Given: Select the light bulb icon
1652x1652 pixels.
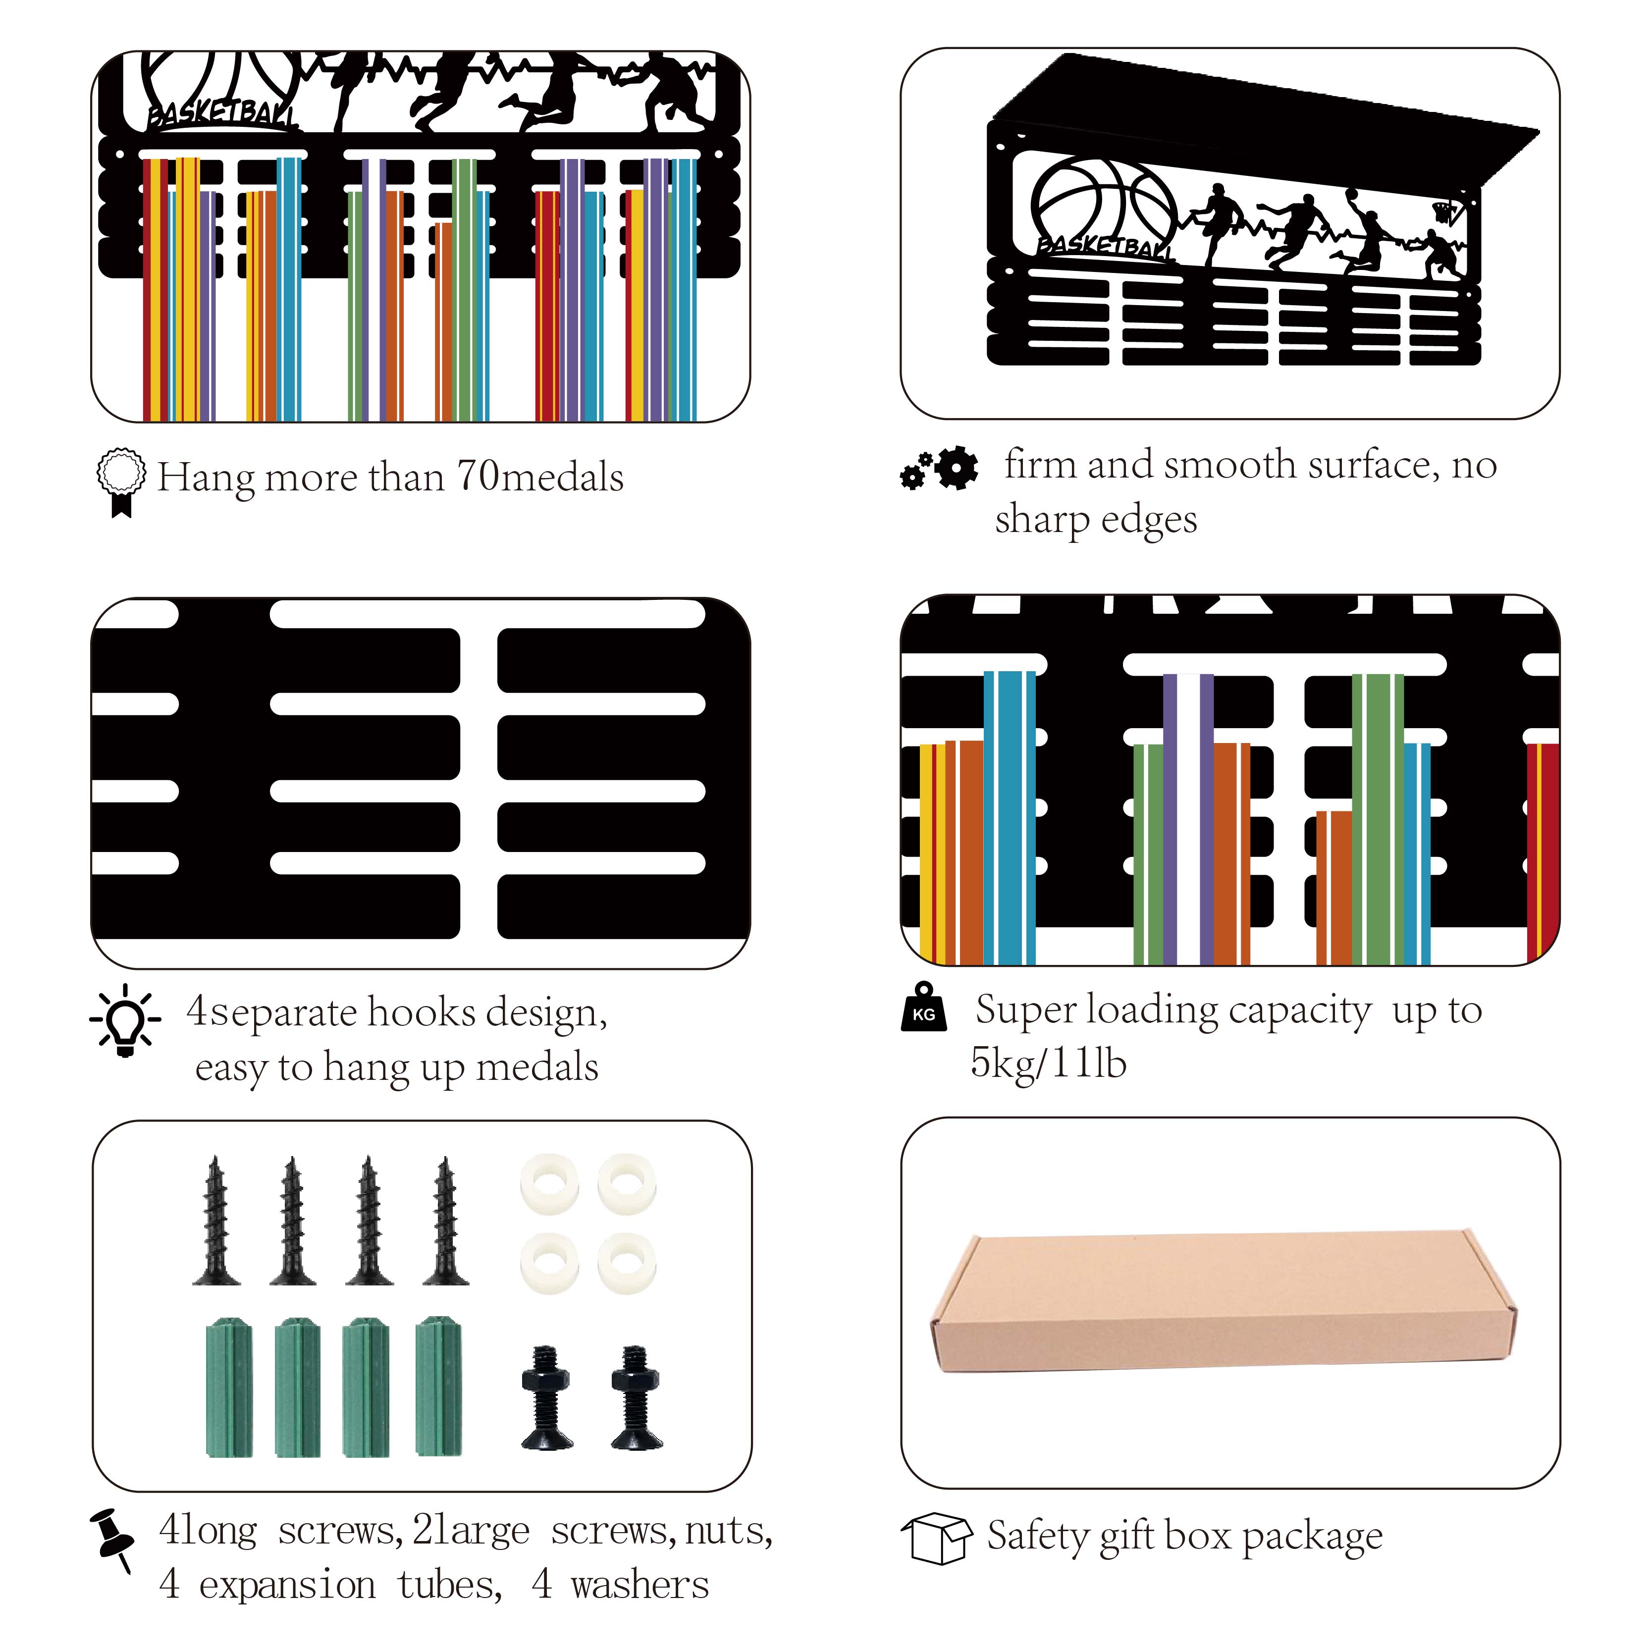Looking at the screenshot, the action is (125, 1019).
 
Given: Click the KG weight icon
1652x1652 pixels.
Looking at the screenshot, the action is (923, 1007).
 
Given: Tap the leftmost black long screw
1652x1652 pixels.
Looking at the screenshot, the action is (215, 1221).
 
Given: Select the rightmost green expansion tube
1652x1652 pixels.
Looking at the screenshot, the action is (439, 1385).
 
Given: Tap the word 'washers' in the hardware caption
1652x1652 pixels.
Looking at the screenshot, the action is (639, 1585).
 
